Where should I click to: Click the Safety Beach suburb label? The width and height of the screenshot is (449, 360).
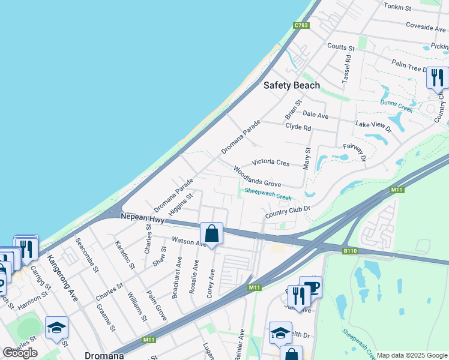click(292, 85)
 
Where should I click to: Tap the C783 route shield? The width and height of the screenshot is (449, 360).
click(301, 25)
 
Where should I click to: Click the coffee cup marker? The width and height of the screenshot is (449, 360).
click(310, 286)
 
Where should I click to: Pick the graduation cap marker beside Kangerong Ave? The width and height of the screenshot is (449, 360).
click(56, 327)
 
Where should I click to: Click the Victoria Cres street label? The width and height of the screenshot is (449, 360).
click(271, 162)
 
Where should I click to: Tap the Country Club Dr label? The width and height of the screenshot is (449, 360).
click(287, 212)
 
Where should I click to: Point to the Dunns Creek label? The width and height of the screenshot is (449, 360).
click(396, 106)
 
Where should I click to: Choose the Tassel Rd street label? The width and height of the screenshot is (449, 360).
click(346, 70)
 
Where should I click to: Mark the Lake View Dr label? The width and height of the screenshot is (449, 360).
click(373, 126)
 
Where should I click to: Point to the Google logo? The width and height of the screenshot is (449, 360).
click(20, 353)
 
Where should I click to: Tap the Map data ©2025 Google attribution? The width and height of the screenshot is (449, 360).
click(412, 355)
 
